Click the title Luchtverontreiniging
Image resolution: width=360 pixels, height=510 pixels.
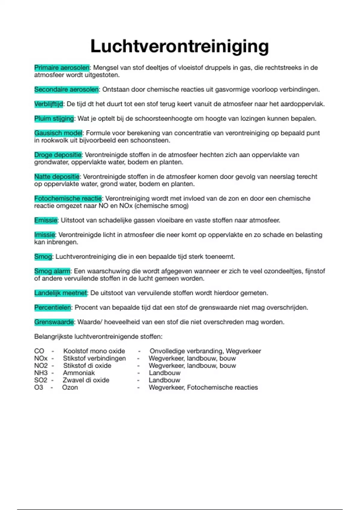click(179, 46)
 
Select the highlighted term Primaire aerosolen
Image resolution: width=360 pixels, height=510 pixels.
click(62, 67)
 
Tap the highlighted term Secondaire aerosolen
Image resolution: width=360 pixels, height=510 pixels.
click(66, 89)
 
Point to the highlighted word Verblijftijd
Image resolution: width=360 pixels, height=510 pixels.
click(49, 104)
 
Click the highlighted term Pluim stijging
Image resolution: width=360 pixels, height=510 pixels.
click(54, 118)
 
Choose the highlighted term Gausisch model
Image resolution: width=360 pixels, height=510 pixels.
click(58, 133)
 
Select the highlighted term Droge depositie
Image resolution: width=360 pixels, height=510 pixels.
click(58, 155)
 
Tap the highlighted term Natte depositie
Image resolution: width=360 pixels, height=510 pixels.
click(57, 176)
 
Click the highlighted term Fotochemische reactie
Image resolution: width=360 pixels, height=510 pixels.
click(68, 198)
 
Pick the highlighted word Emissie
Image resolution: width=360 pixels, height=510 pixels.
click(46, 220)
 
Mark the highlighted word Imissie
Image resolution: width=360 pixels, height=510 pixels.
click(44, 235)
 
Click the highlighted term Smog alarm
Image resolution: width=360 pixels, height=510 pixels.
click(52, 271)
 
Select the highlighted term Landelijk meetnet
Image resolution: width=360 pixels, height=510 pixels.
click(61, 293)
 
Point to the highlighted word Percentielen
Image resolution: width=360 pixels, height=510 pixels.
click(52, 307)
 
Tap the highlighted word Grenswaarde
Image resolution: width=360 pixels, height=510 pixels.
click(54, 322)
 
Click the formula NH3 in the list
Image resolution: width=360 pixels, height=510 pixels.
click(41, 373)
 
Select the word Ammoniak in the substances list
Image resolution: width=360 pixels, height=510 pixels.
click(79, 373)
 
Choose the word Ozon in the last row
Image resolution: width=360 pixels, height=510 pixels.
click(70, 387)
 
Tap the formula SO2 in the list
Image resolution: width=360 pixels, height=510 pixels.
click(41, 380)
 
